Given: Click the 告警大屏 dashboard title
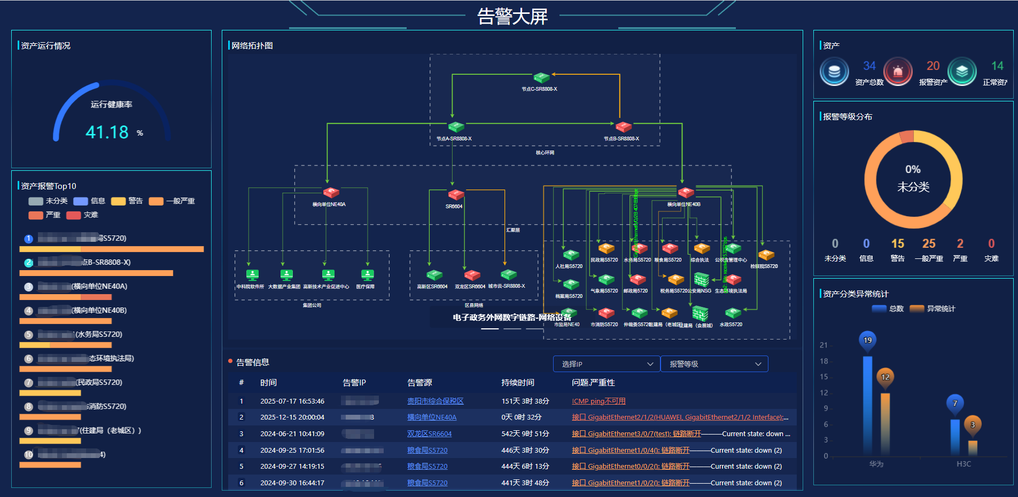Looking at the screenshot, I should click(512, 17).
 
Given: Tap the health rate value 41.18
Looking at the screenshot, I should click(107, 132).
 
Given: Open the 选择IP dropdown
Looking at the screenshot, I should click(607, 364).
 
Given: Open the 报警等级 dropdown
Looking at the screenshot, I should click(714, 364).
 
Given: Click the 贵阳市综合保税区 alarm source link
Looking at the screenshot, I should click(435, 401).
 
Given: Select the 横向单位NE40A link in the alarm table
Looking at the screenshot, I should click(431, 417).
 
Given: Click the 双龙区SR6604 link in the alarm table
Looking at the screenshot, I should click(429, 433).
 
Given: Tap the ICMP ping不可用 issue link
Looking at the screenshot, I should click(599, 401).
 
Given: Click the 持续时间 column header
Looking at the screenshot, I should click(517, 382).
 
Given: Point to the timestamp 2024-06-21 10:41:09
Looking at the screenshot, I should click(292, 433).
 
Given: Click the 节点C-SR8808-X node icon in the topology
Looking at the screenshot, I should click(541, 78).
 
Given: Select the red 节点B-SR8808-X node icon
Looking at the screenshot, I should click(623, 127).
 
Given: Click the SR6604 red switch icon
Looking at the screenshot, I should click(455, 195).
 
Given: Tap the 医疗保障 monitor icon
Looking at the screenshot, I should click(367, 274).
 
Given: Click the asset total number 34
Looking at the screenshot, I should click(869, 66).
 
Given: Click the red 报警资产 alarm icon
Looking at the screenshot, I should click(898, 72).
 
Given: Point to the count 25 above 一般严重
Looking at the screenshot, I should click(928, 243).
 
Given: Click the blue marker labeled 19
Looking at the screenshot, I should click(867, 341).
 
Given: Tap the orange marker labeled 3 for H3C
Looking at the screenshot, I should click(973, 425).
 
